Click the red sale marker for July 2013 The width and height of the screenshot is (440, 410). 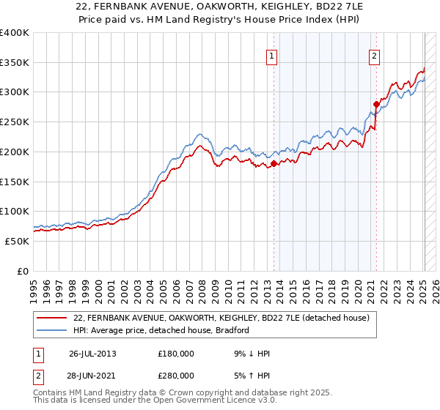coord(274,164)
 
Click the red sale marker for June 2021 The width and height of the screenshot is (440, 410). coord(376,105)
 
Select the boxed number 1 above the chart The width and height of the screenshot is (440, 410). coord(272,55)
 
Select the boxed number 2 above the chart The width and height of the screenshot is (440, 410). coord(374,55)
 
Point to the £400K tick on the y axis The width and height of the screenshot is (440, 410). coord(15,33)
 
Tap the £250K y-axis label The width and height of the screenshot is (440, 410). coord(15,122)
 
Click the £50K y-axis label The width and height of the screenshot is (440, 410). coord(18,241)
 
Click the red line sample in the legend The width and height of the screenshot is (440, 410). coord(53,318)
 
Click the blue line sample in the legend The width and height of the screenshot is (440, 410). coord(53,330)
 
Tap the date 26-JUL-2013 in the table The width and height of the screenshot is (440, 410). coord(92,354)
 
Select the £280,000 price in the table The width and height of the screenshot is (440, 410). coord(176,376)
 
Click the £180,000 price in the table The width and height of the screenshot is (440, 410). coord(176,354)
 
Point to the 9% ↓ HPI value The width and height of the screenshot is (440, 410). coord(252,354)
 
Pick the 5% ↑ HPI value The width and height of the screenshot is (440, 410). coord(252,376)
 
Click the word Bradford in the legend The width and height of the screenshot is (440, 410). coord(230,330)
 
